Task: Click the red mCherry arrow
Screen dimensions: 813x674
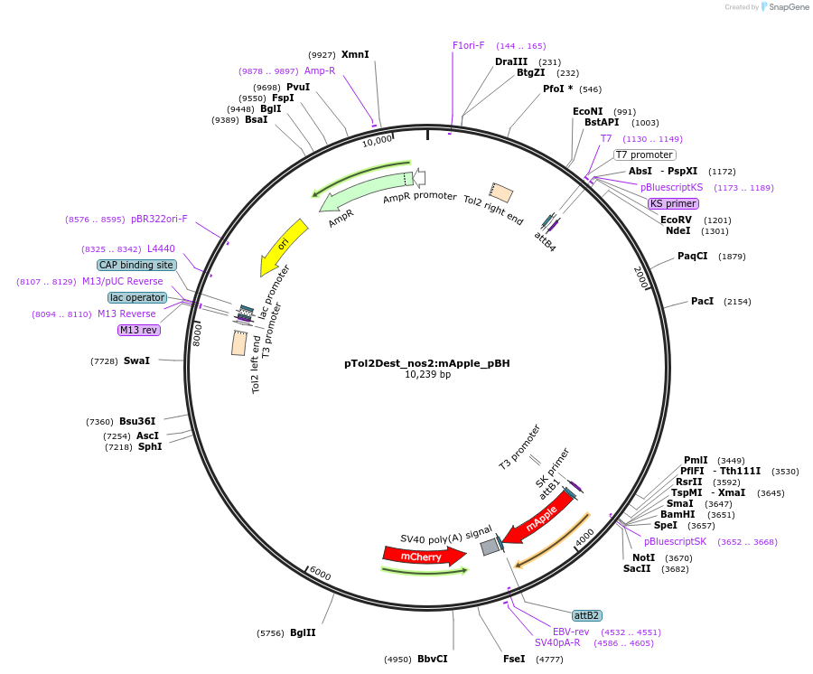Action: pyautogui.click(x=425, y=556)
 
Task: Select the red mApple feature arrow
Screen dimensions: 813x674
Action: pyautogui.click(x=539, y=519)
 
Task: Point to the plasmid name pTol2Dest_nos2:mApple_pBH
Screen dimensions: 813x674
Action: pyautogui.click(x=426, y=363)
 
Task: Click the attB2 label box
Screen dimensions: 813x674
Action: pyautogui.click(x=586, y=615)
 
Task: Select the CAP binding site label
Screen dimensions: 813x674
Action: pyautogui.click(x=136, y=265)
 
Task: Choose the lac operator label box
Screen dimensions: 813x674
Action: pyautogui.click(x=137, y=297)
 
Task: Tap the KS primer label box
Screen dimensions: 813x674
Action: pyautogui.click(x=673, y=204)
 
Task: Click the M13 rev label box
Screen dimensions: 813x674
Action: pyautogui.click(x=138, y=331)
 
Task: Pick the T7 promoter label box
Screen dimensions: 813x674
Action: pyautogui.click(x=644, y=154)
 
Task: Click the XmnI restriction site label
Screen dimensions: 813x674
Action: pyautogui.click(x=355, y=54)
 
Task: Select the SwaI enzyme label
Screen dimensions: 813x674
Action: pyautogui.click(x=136, y=360)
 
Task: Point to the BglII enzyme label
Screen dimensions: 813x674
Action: pyautogui.click(x=303, y=633)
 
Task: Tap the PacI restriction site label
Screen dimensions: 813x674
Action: pyautogui.click(x=702, y=301)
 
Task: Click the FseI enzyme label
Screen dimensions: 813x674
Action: pyautogui.click(x=514, y=659)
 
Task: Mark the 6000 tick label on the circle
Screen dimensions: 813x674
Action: pyautogui.click(x=320, y=574)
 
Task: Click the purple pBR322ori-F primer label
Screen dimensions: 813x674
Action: pyautogui.click(x=159, y=219)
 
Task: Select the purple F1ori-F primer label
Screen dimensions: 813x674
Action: pyautogui.click(x=468, y=45)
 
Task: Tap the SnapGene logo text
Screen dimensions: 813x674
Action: pyautogui.click(x=789, y=6)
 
